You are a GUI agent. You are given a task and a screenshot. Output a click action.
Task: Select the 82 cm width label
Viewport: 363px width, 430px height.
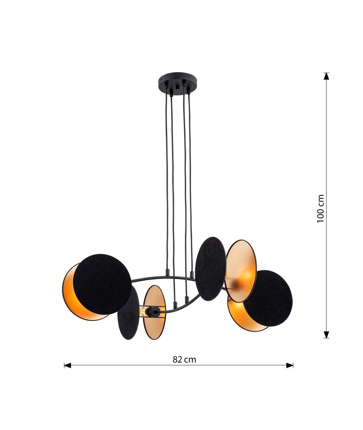[x=184, y=360]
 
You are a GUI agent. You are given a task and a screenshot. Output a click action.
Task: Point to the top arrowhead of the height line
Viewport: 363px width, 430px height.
[x=326, y=76]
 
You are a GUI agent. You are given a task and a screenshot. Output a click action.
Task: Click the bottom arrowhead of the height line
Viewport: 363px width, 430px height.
[x=326, y=334]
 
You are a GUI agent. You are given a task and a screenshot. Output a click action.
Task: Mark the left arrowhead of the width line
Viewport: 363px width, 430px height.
[x=67, y=365]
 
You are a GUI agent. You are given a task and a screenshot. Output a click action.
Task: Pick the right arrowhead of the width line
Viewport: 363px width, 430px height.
[x=290, y=365]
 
